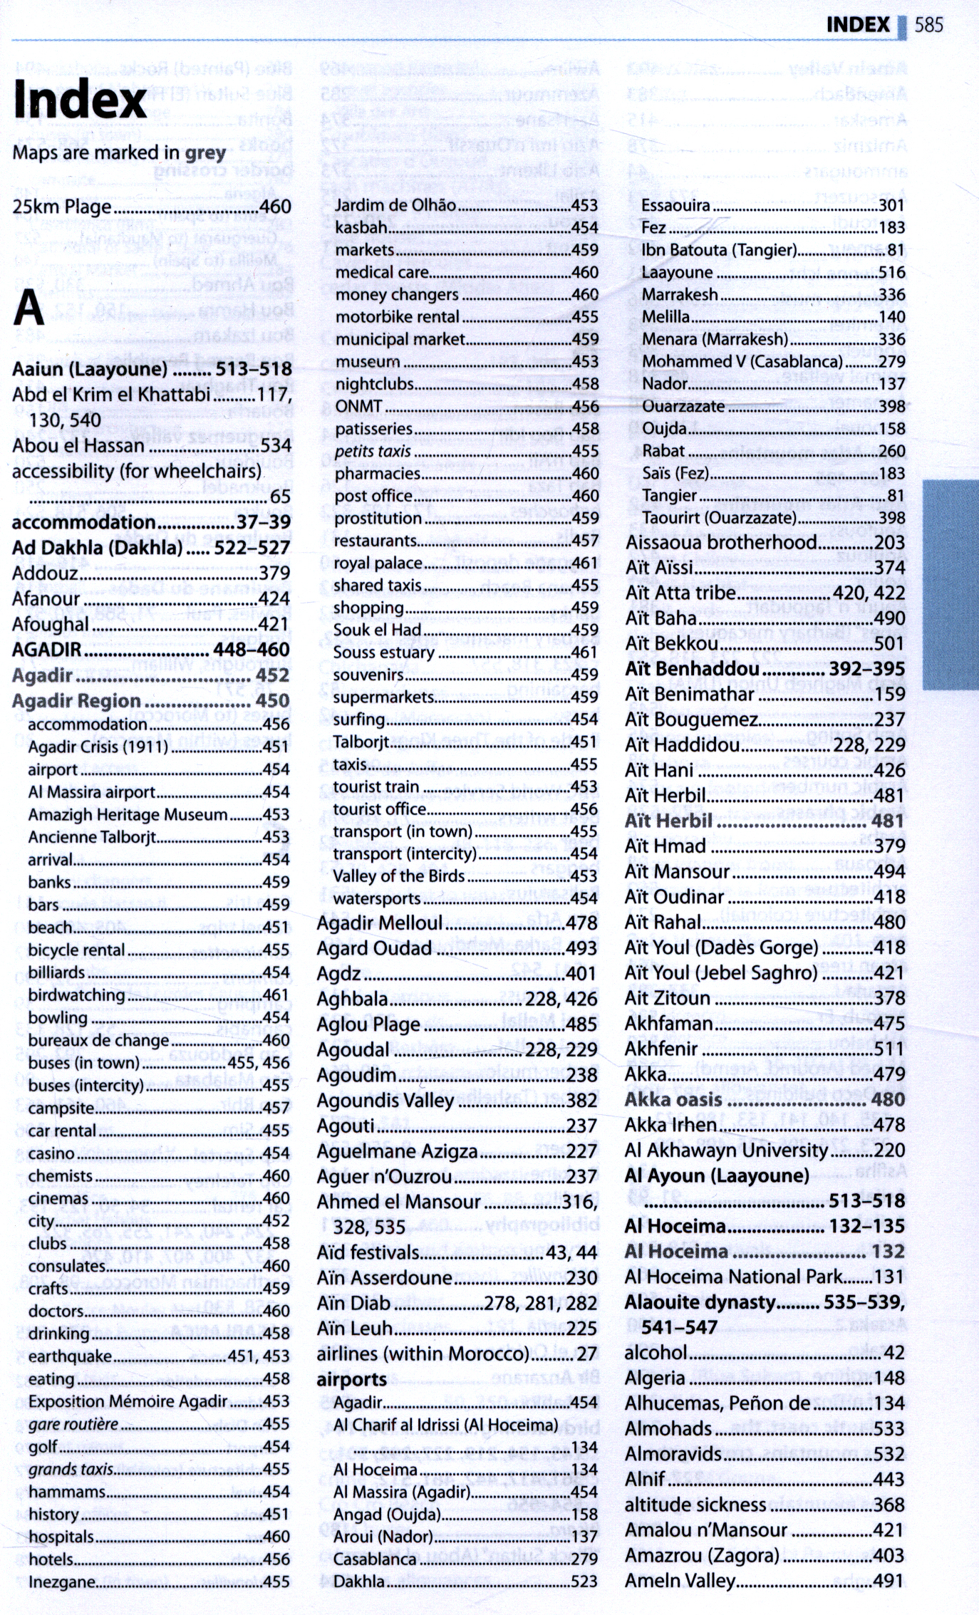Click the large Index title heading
80,100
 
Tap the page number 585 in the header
928,26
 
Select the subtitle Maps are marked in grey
119,153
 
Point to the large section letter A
29,308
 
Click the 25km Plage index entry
62,207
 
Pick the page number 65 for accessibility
280,497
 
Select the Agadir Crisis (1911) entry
98,747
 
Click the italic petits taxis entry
373,452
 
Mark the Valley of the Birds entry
399,876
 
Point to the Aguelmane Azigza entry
397,1151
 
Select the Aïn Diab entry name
353,1304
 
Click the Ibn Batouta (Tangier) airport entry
719,250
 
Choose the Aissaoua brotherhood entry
721,543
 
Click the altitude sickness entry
695,1505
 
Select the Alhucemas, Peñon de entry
718,1403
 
